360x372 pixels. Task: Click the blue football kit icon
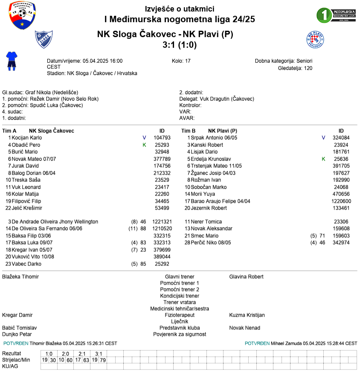11,61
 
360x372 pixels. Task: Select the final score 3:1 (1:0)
180,45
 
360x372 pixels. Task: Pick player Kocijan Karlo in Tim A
27,138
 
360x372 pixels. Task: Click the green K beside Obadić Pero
145,145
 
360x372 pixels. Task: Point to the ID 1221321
162,222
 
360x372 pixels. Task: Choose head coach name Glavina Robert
246,277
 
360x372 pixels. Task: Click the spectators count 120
308,68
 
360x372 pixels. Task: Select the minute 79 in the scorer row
103,360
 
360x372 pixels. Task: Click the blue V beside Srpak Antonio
323,138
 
